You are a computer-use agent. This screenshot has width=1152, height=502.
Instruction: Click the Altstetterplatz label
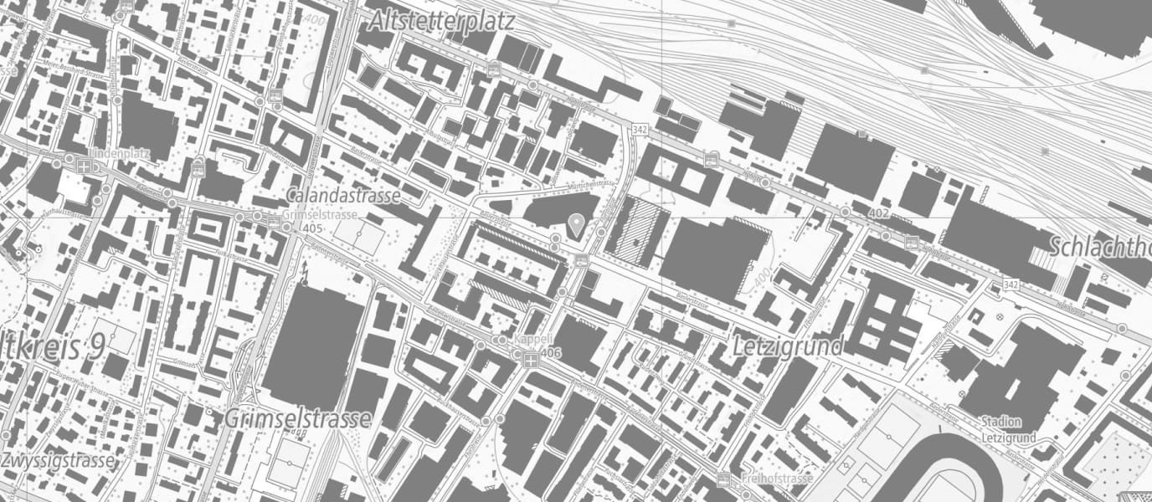(x=441, y=21)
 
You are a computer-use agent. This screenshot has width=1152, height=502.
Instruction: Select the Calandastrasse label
(x=342, y=196)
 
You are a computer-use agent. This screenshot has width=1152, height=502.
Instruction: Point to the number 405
(x=313, y=228)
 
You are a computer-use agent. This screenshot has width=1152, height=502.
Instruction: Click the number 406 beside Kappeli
(x=550, y=354)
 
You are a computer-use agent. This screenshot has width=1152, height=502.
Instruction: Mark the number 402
(x=878, y=213)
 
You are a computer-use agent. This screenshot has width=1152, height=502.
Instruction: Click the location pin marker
(x=576, y=224)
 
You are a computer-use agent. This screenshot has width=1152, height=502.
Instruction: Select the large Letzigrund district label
(x=786, y=345)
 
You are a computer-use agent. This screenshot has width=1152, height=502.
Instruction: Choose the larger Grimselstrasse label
(x=297, y=417)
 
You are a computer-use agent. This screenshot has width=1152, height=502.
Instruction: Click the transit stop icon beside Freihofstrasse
(x=725, y=480)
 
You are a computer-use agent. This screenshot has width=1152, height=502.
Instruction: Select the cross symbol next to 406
(x=530, y=360)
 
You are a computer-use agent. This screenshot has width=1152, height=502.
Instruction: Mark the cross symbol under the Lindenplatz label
(x=84, y=166)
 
